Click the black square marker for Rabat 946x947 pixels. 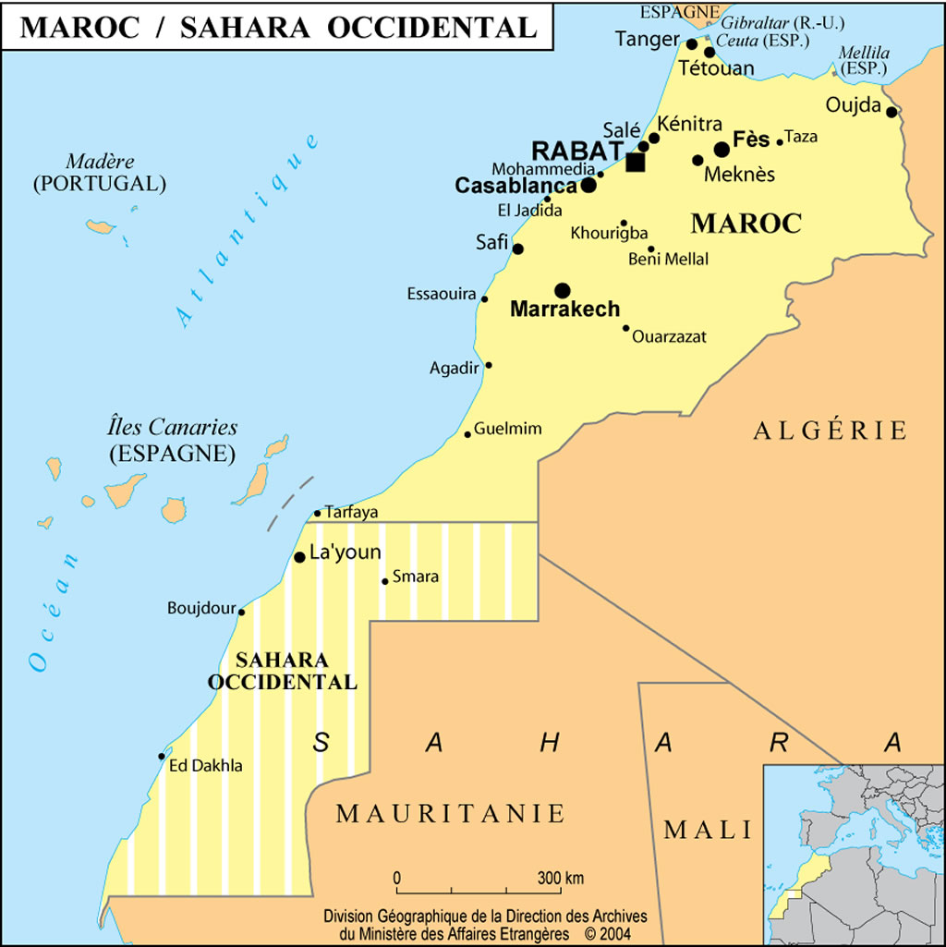(x=636, y=163)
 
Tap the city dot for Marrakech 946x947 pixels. (x=563, y=290)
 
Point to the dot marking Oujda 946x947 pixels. (x=891, y=112)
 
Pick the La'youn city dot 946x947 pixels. (x=299, y=557)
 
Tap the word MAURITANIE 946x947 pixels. (x=450, y=813)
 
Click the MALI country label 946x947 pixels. (x=709, y=829)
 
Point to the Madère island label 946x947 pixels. (x=101, y=161)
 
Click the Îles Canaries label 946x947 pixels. (x=173, y=428)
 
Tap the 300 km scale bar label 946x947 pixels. (x=562, y=877)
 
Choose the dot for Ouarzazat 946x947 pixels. (x=626, y=327)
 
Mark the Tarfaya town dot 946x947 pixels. (x=318, y=513)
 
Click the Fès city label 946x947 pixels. (x=751, y=140)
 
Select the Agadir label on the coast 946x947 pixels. (x=455, y=368)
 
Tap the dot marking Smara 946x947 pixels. (x=385, y=581)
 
